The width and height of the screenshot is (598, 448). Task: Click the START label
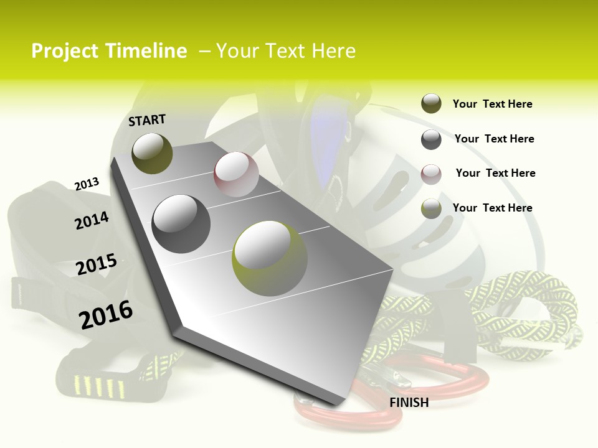pos(147,119)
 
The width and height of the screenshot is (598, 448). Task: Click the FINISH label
pos(409,403)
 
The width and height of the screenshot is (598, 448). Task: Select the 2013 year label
pos(87,184)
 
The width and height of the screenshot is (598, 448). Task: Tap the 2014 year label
pos(92,220)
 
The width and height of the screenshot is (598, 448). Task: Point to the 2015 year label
pos(97,264)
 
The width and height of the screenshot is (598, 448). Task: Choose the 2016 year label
pos(106,314)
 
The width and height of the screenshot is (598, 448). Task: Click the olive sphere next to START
pos(152,153)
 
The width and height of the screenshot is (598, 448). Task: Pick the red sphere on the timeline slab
pos(236,174)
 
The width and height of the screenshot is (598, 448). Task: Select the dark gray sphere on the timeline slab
pos(181,223)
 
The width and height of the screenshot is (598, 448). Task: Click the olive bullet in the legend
pos(431,104)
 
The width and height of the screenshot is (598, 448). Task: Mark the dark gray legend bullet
pos(431,139)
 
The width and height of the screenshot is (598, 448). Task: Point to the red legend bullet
pos(431,174)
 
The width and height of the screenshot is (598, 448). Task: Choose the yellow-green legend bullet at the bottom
pos(431,208)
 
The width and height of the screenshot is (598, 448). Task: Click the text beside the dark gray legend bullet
pos(494,139)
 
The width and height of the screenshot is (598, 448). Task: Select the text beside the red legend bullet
pos(495,173)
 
